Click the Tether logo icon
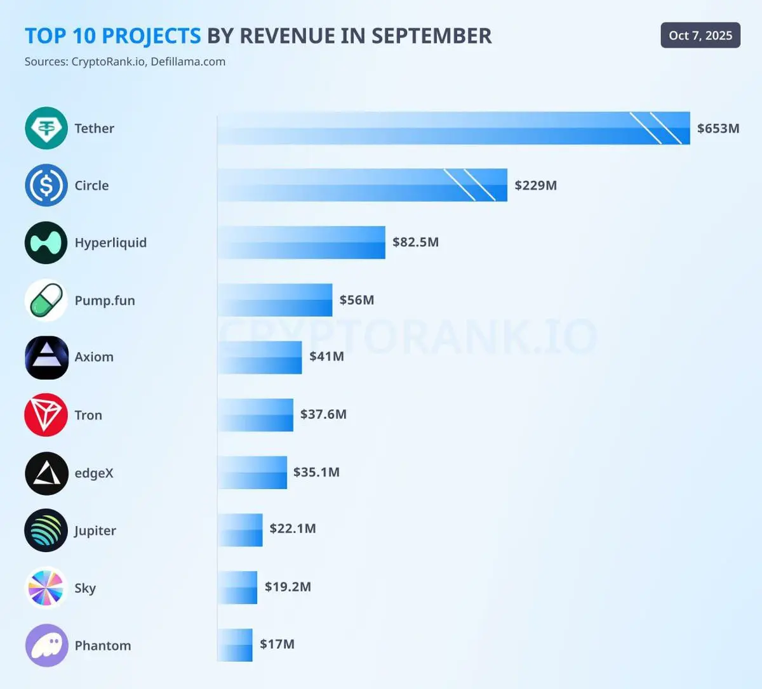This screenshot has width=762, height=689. click(46, 128)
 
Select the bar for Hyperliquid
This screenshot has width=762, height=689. click(302, 242)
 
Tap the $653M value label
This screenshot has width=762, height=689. click(718, 128)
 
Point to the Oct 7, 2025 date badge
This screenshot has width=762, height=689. click(700, 36)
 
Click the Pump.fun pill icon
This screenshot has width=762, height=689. click(46, 300)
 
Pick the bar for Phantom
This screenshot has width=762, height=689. click(235, 645)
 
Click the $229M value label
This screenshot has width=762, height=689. click(535, 185)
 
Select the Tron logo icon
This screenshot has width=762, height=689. click(46, 415)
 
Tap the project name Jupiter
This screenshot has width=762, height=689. click(95, 530)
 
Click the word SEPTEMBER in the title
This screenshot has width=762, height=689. click(431, 36)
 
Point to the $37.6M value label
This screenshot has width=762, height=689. click(323, 414)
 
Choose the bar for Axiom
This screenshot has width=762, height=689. click(260, 357)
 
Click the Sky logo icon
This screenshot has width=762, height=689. click(46, 587)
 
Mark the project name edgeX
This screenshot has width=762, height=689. click(94, 473)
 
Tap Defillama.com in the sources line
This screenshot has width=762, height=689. click(188, 62)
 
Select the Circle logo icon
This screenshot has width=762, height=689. click(46, 185)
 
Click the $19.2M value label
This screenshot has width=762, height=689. click(288, 586)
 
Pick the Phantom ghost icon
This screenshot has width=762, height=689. click(46, 645)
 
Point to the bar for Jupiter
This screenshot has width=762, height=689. click(240, 530)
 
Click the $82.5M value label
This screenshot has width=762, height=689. click(415, 242)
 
